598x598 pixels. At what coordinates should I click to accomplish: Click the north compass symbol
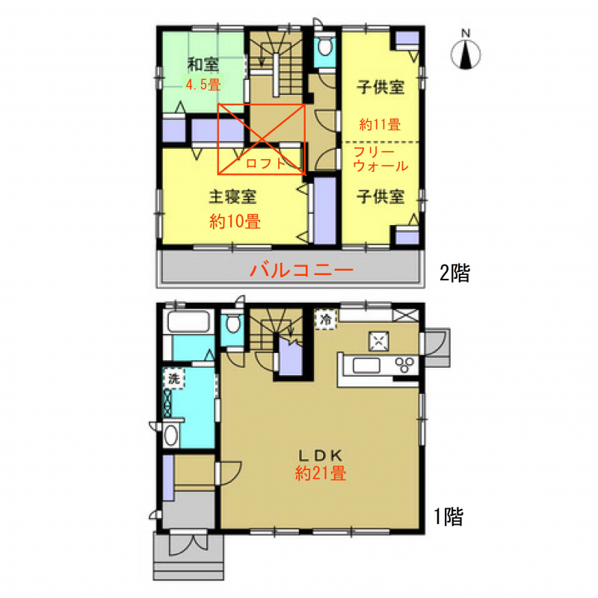click(465, 51)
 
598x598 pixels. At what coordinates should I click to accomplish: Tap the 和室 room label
click(203, 65)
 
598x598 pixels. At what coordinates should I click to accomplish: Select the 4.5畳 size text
click(203, 84)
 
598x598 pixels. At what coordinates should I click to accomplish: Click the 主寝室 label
click(232, 197)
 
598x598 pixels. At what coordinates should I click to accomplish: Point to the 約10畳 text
click(235, 221)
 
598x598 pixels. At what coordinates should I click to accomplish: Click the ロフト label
click(265, 164)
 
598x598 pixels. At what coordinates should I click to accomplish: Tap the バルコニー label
click(302, 270)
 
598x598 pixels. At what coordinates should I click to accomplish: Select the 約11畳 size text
click(380, 125)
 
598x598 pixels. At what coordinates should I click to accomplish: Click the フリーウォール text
click(380, 159)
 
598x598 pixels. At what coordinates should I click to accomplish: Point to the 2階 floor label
click(454, 273)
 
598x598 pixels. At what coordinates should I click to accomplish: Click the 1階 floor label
click(449, 517)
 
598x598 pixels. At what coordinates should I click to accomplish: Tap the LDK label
click(321, 455)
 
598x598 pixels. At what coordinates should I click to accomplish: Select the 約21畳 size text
click(321, 473)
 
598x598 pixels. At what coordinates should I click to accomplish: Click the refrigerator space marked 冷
click(326, 319)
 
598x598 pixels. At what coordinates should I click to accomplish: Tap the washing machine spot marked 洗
click(174, 379)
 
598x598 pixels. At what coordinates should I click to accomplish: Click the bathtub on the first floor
click(189, 322)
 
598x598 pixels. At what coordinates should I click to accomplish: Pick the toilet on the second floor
click(324, 48)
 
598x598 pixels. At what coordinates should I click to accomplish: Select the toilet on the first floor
click(232, 324)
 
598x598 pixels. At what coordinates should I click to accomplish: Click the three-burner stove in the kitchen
click(404, 365)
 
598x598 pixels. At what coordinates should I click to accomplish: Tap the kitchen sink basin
click(366, 366)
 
